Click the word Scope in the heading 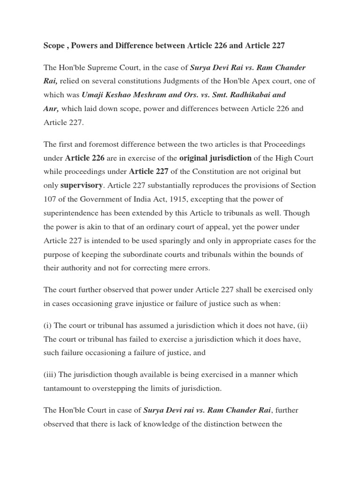[54, 45]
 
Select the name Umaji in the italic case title [93, 94]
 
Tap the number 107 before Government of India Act [50, 199]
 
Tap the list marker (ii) [301, 325]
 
